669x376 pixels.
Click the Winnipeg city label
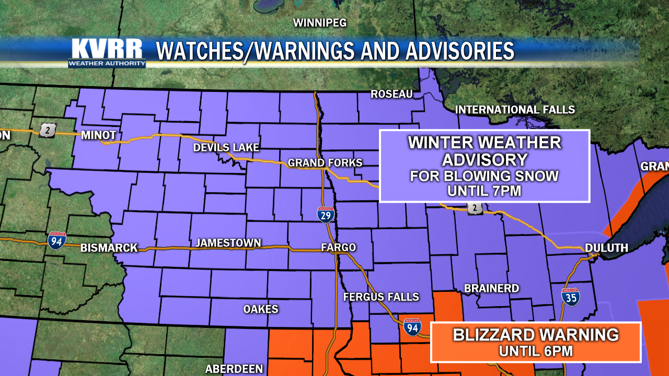[320, 23]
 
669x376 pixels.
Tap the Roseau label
[391, 94]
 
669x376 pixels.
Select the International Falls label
[515, 110]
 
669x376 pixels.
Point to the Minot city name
[98, 135]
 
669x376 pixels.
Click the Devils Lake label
[226, 148]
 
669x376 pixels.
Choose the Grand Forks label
[325, 163]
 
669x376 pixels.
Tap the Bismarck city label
[109, 248]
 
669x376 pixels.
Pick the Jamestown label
[228, 243]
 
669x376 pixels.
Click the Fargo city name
[338, 248]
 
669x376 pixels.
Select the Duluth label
[606, 248]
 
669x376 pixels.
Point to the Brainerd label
[491, 288]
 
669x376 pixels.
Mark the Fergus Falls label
[381, 297]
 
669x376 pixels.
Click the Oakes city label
[261, 309]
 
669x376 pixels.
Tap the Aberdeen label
[234, 369]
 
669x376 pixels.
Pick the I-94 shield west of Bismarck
[56, 240]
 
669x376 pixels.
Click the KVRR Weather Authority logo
[107, 53]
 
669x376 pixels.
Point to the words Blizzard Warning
[536, 335]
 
